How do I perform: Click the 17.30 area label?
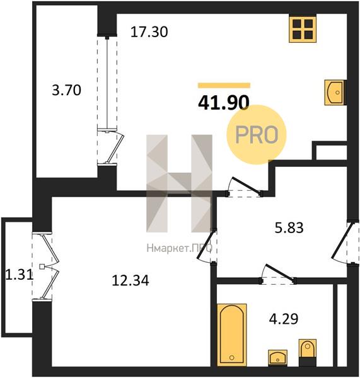(149, 32)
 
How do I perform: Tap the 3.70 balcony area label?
(66, 90)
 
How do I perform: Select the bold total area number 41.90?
(223, 102)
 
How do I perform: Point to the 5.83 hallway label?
(289, 227)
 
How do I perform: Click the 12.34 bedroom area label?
(131, 280)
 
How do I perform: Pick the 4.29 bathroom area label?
(284, 318)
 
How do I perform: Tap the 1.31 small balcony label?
(19, 274)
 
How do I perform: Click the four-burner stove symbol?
(303, 29)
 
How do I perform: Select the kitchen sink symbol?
(335, 93)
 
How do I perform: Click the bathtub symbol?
(232, 335)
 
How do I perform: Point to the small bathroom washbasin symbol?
(277, 358)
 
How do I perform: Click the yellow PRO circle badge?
(256, 135)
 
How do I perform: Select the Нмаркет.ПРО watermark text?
(180, 248)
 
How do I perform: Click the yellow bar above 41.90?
(224, 85)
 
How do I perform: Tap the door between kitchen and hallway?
(246, 185)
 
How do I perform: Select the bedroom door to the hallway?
(206, 246)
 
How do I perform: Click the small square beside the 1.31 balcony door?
(42, 266)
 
